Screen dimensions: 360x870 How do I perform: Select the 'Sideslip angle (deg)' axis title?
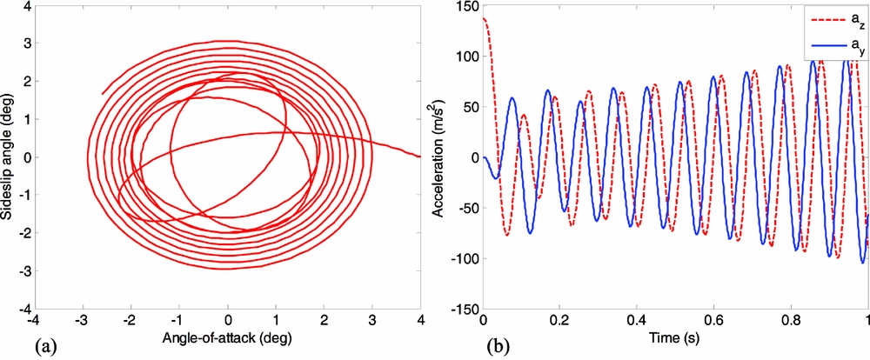click(8, 157)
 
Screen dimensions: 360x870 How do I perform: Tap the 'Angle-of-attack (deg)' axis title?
click(228, 342)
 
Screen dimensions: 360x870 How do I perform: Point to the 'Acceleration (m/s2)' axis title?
click(446, 157)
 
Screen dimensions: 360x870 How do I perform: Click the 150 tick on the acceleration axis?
click(468, 8)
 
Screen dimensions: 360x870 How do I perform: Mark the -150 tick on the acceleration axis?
click(465, 310)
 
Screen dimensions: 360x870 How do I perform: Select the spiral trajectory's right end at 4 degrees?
click(420, 157)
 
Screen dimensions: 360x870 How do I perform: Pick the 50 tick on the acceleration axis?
click(471, 107)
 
